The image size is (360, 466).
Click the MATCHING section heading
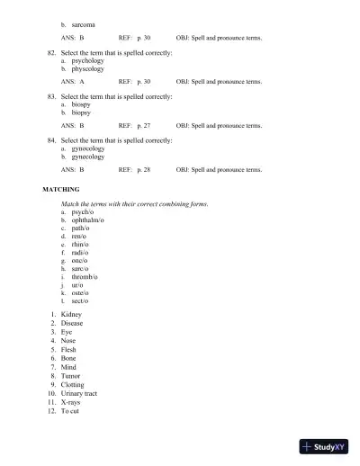[61, 190]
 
